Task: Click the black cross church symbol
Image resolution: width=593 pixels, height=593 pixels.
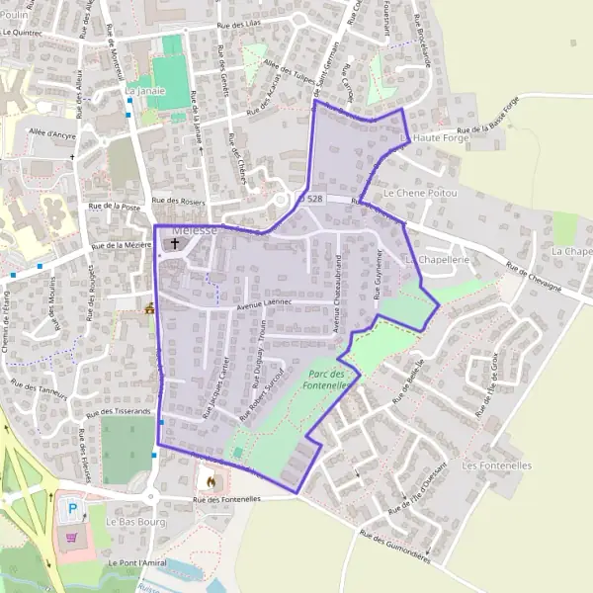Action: (x=175, y=242)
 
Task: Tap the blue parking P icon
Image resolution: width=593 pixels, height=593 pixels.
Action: (x=71, y=511)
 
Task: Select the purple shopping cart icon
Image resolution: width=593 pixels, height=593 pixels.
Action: (x=71, y=539)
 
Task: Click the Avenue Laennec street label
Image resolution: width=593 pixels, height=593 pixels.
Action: (x=266, y=306)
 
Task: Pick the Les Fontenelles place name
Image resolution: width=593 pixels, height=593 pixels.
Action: (x=497, y=465)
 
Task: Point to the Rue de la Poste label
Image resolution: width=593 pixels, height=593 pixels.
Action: (x=115, y=207)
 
